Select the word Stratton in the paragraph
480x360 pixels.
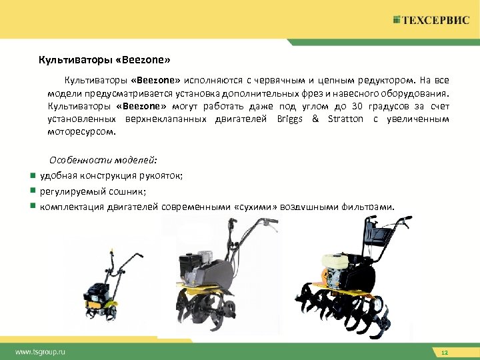pos(345,119)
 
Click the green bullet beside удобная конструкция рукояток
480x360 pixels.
pos(31,175)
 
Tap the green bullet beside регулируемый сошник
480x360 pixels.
pos(31,191)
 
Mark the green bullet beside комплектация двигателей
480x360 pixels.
pos(31,206)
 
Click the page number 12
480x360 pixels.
pos(443,351)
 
